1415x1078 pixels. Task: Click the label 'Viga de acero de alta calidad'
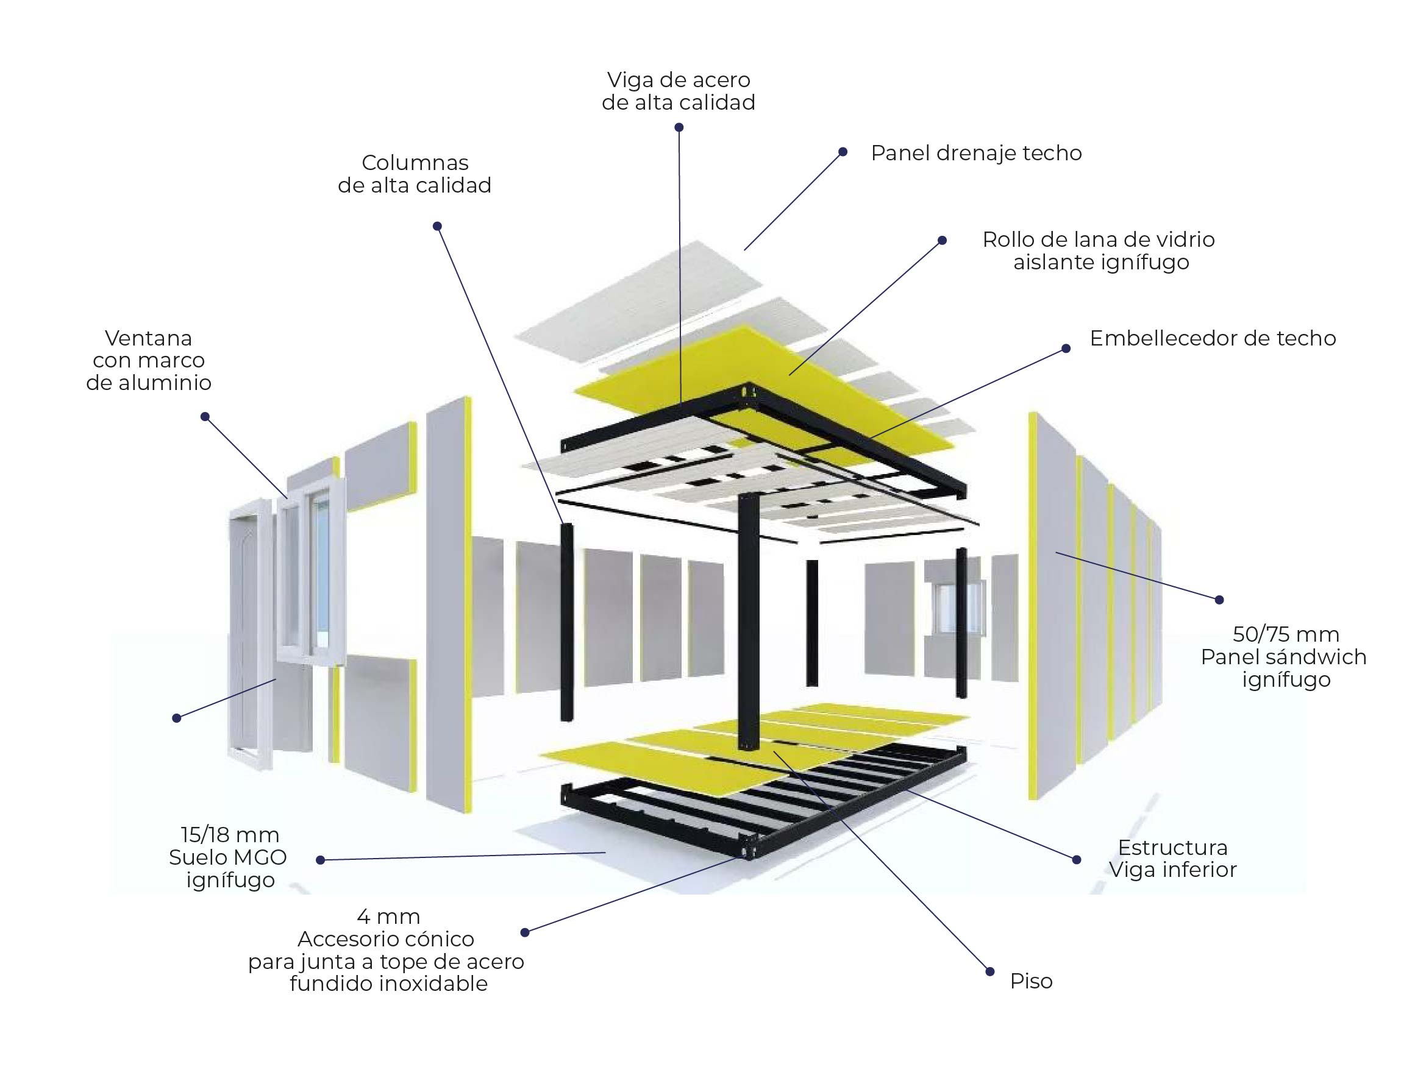coord(678,91)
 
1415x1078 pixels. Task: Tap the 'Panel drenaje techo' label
coord(976,153)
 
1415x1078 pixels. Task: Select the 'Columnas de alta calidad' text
coord(414,174)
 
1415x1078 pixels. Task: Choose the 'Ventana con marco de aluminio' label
coord(148,360)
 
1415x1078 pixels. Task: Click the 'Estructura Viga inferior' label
coord(1172,859)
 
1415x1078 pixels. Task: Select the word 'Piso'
coord(1031,981)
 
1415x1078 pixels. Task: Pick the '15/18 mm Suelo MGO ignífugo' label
coord(229,857)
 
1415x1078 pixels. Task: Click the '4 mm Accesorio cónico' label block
coord(387,949)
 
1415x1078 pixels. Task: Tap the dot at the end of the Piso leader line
coord(989,972)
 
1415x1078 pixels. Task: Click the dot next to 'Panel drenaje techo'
coord(843,152)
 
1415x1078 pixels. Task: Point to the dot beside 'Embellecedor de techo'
coord(1066,349)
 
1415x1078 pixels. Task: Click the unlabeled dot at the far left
coord(177,718)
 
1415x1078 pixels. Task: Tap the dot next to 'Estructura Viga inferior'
coord(1077,859)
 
